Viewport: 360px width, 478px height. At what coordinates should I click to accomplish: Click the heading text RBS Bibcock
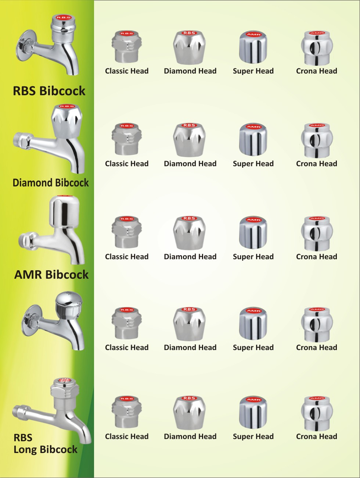click(x=49, y=91)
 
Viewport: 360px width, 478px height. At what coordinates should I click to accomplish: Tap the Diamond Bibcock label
click(x=51, y=183)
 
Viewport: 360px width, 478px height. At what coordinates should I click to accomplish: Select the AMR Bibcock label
click(x=51, y=274)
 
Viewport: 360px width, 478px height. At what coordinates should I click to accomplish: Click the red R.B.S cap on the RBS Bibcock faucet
click(x=63, y=17)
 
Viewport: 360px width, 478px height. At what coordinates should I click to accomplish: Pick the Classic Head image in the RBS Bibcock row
click(x=127, y=47)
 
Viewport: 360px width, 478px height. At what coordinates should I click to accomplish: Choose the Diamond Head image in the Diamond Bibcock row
click(x=189, y=140)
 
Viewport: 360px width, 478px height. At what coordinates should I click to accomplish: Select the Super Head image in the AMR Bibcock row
click(x=253, y=233)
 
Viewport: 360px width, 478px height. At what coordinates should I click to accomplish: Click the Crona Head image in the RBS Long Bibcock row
click(x=317, y=413)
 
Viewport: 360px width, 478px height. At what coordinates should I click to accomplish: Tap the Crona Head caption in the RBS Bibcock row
click(x=316, y=71)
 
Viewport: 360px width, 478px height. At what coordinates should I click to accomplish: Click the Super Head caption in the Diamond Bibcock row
click(x=253, y=164)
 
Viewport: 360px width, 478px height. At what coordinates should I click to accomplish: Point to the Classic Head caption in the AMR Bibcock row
click(x=127, y=257)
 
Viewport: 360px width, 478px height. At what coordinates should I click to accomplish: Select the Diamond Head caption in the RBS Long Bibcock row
click(x=190, y=436)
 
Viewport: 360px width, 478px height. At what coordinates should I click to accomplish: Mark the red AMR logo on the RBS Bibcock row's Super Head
click(x=253, y=35)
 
